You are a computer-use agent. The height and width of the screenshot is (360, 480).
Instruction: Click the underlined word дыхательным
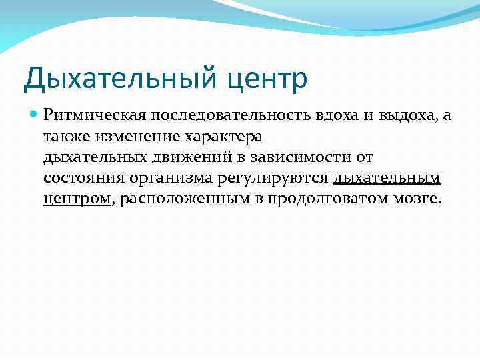(x=387, y=179)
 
